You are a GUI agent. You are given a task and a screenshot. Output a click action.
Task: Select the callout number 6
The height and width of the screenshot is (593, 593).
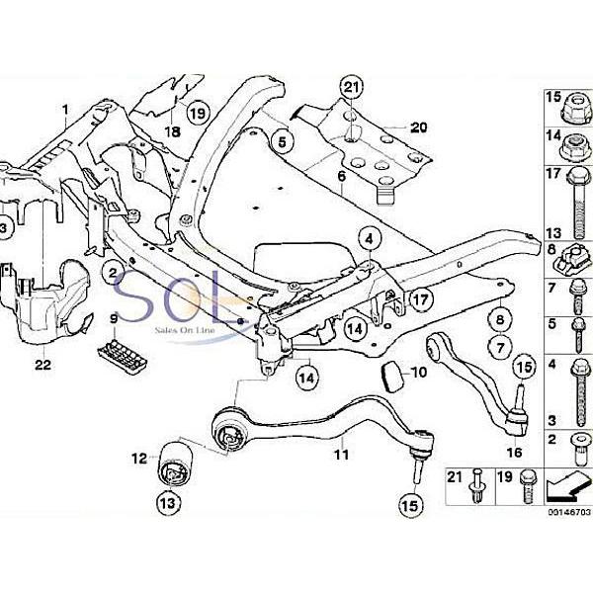(x=341, y=177)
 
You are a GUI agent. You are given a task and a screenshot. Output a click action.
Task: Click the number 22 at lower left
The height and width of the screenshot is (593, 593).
(x=41, y=365)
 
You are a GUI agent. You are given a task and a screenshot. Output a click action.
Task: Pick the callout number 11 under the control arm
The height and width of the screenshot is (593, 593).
(x=341, y=456)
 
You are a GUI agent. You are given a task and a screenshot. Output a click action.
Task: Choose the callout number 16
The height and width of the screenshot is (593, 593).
(x=513, y=452)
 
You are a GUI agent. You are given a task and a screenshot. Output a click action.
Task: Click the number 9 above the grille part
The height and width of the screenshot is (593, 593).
(x=115, y=318)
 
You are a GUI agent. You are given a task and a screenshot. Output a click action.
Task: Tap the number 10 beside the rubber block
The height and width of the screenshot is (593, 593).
(x=419, y=373)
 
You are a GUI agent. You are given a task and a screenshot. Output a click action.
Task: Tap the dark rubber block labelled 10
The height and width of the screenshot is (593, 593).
(x=392, y=376)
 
